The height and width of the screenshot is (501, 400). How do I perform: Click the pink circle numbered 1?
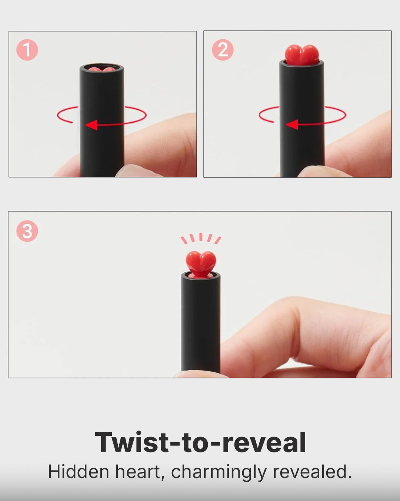(x=27, y=50)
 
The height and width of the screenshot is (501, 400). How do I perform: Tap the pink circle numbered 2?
(x=223, y=50)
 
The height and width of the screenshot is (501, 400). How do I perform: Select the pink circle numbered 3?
(x=27, y=231)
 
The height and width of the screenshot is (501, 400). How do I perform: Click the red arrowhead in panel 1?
(x=91, y=125)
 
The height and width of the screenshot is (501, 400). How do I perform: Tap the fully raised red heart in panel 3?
(x=201, y=263)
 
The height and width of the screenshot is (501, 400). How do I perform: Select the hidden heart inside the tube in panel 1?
(x=101, y=69)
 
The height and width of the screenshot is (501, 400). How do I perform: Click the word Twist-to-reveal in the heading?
(x=200, y=442)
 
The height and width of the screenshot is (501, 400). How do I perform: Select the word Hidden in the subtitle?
(x=79, y=472)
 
